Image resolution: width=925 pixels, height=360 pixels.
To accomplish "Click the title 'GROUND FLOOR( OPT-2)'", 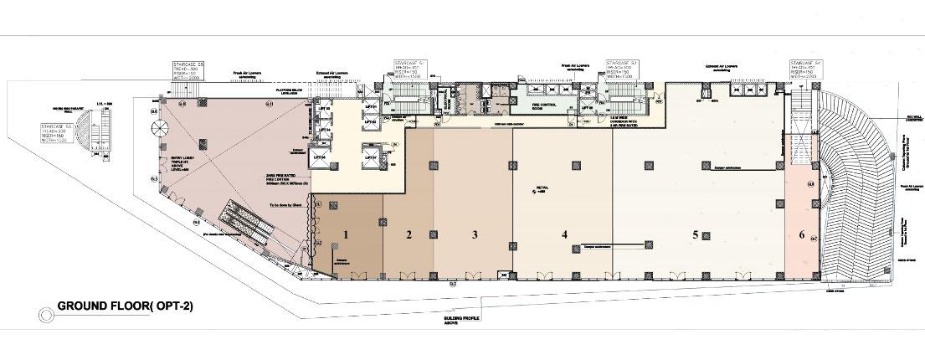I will pyautogui.click(x=125, y=307).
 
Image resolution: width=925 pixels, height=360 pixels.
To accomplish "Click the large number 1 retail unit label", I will pyautogui.click(x=345, y=235).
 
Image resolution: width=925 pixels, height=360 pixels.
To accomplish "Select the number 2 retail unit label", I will pyautogui.click(x=409, y=235).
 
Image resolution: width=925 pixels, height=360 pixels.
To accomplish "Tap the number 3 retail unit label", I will pyautogui.click(x=474, y=235).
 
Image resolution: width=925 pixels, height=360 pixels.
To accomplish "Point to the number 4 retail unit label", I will pyautogui.click(x=565, y=235).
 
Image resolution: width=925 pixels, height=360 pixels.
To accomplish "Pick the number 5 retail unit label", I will pyautogui.click(x=695, y=235).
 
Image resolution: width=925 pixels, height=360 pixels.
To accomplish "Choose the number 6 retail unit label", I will pyautogui.click(x=801, y=235).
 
